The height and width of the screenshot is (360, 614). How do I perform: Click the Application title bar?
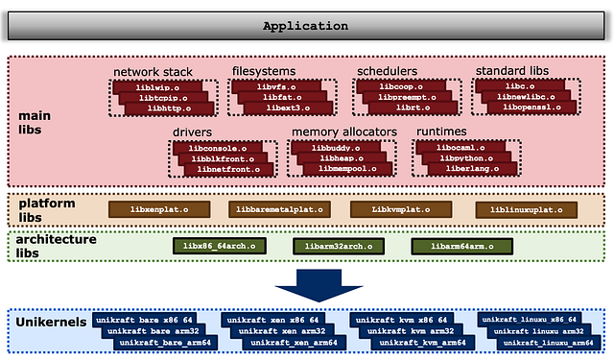coord(307,27)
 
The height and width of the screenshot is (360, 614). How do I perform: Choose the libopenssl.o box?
coord(524,108)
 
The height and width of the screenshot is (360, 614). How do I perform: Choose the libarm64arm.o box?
coord(458,246)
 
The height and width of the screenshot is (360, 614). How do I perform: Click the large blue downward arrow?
coord(308,285)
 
